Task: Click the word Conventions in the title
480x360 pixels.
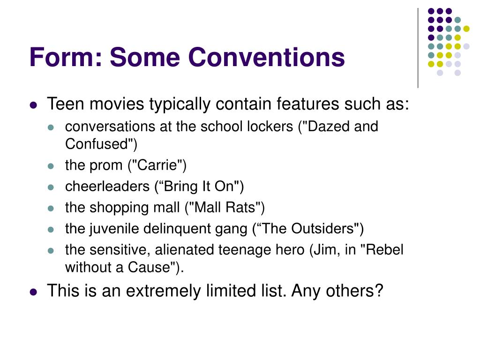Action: [267, 57]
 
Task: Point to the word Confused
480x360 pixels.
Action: [96, 144]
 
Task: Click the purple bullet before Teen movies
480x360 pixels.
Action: [33, 105]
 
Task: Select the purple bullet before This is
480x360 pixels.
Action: [33, 292]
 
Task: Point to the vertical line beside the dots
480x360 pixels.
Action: [418, 47]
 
